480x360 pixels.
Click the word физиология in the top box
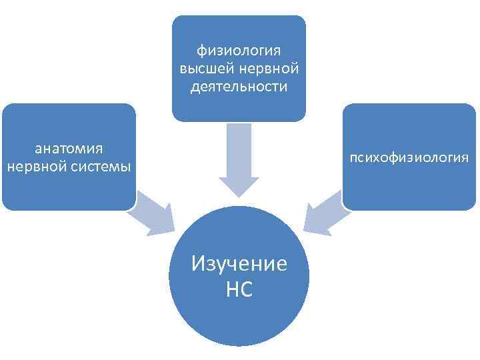coord(239,51)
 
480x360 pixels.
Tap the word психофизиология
coord(406,157)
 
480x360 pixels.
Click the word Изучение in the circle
coord(239,263)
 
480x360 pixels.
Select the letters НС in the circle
coord(239,289)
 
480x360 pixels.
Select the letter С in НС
coord(247,289)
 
